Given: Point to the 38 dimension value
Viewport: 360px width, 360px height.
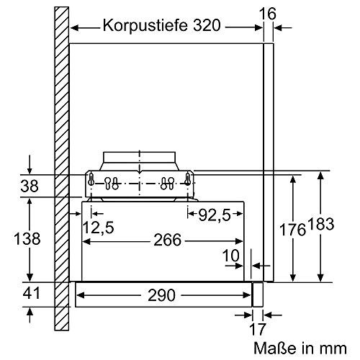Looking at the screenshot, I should (x=29, y=186).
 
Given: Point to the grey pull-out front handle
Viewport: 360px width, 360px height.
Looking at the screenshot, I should (x=257, y=294).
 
